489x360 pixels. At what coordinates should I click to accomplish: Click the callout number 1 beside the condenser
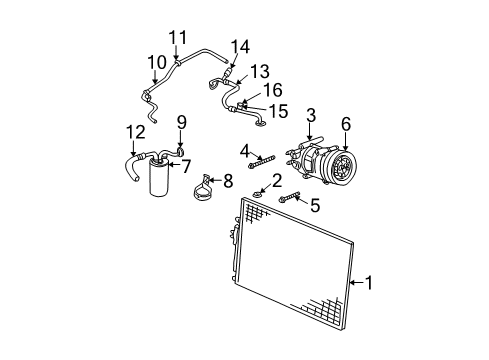(x=372, y=283)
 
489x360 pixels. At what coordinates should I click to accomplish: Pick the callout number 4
(x=245, y=150)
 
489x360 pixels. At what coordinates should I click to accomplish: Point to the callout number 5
(x=315, y=207)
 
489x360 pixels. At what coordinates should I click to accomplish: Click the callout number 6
(x=346, y=123)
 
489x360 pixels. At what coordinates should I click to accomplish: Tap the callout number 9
(x=182, y=124)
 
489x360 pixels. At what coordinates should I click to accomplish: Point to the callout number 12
(x=135, y=131)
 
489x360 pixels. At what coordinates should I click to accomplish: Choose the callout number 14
(x=239, y=45)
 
